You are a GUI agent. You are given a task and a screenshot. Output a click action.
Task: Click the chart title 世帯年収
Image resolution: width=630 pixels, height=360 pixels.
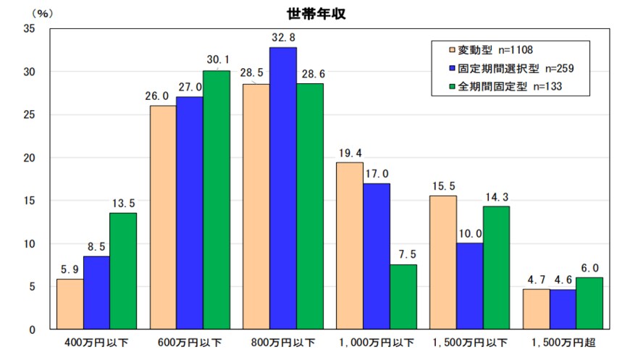click(x=314, y=13)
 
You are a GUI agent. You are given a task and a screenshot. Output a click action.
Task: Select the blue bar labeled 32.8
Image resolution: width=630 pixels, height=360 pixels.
click(x=283, y=188)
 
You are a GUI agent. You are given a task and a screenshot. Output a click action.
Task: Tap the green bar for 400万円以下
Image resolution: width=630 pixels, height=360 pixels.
click(x=123, y=271)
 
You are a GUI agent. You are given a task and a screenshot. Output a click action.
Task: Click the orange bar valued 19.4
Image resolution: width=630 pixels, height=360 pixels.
click(x=350, y=246)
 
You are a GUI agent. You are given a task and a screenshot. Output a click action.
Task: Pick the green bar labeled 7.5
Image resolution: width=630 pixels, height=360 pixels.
click(x=403, y=297)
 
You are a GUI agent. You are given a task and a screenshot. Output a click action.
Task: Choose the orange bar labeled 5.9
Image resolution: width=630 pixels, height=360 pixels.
click(x=70, y=304)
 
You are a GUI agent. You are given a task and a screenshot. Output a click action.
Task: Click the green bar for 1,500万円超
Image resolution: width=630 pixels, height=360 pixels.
click(x=589, y=304)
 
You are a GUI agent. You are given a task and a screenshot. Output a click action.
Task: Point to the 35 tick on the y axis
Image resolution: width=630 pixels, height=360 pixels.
click(x=30, y=29)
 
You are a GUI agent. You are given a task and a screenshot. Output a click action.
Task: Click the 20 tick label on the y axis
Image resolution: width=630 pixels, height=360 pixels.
click(x=30, y=158)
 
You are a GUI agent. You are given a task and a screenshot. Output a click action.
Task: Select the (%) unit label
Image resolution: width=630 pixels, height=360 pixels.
click(x=24, y=12)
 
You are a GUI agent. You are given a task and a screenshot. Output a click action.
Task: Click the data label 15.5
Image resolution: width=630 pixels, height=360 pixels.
click(x=442, y=185)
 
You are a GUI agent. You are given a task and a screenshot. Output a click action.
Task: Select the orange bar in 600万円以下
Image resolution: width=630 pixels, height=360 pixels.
click(x=163, y=217)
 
